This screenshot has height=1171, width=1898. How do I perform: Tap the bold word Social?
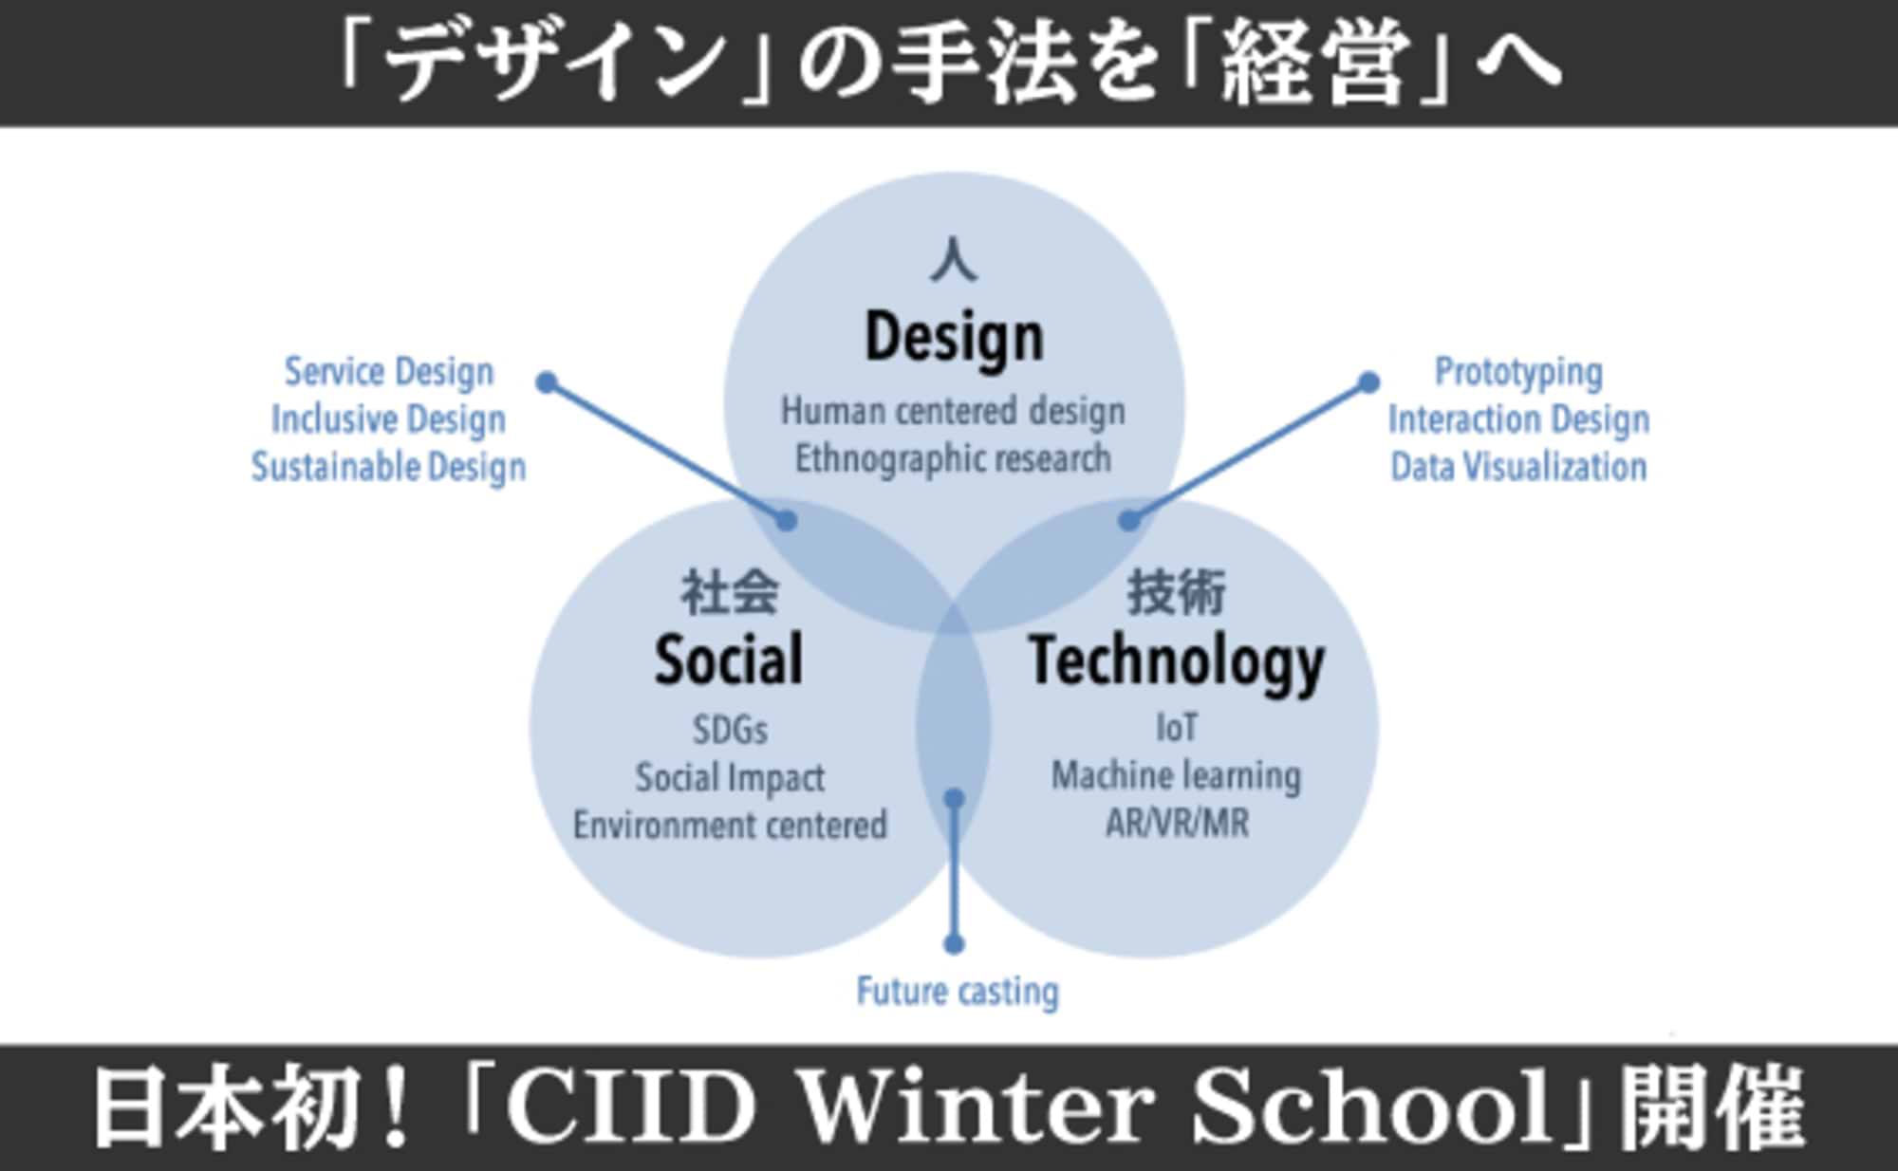[x=729, y=659]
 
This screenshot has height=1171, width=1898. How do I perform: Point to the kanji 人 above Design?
[x=954, y=260]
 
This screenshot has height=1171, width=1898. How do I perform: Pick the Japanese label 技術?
[x=1177, y=592]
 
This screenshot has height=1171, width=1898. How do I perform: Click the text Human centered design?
[x=953, y=412]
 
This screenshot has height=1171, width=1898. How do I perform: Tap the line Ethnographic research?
[x=953, y=459]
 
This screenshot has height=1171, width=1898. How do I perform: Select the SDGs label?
[x=730, y=730]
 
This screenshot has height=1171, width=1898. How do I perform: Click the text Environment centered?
[x=730, y=825]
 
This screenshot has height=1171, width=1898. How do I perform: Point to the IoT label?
[x=1177, y=728]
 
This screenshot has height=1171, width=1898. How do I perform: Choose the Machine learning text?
[x=1177, y=776]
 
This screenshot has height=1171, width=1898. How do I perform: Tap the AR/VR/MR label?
[x=1177, y=823]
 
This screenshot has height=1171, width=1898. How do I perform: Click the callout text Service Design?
[x=389, y=372]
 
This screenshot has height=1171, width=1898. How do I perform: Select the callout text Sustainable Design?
[x=388, y=467]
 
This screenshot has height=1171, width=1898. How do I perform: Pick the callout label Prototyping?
[x=1518, y=372]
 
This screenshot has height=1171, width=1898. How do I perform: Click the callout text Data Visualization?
[x=1518, y=467]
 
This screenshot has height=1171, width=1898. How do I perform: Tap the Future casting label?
[x=958, y=992]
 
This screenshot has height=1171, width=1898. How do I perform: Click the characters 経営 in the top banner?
[x=1313, y=63]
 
